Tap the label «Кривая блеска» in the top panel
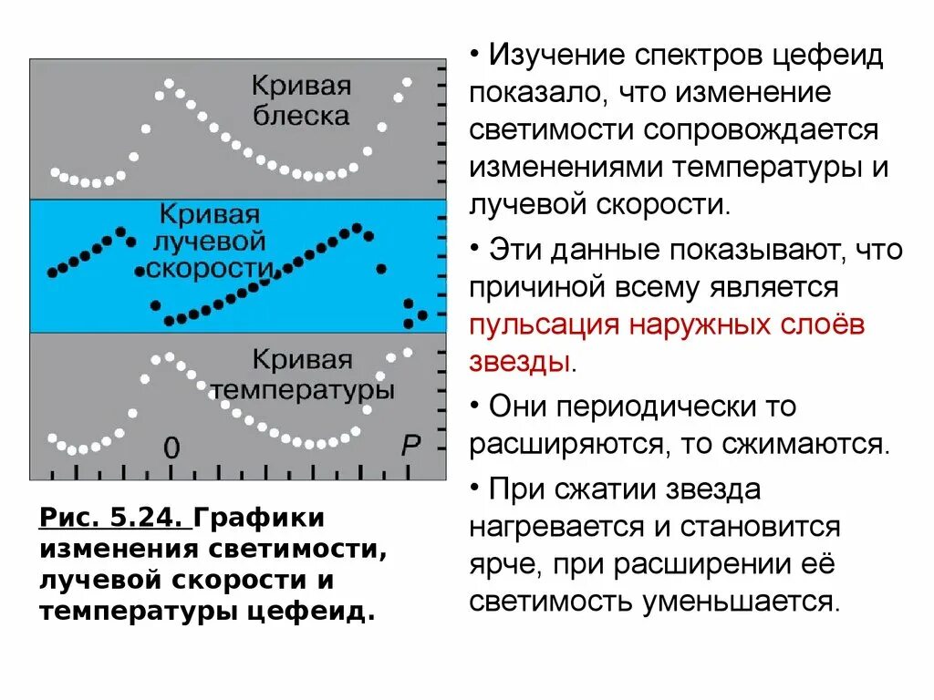point(301,101)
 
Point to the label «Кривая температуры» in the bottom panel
point(302,375)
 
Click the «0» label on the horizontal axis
point(171,447)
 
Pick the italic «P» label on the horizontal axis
point(411,445)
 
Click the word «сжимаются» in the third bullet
point(802,444)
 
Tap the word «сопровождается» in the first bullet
point(759,130)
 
